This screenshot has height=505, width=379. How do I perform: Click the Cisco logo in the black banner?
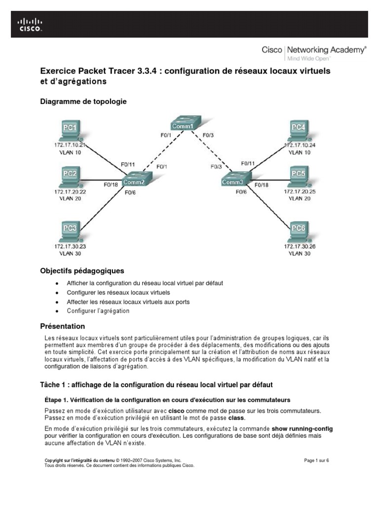click(x=31, y=24)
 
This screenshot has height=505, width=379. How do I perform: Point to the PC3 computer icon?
click(x=70, y=231)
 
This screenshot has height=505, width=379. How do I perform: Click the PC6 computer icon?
click(x=299, y=231)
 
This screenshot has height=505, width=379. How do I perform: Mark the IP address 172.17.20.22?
click(x=70, y=191)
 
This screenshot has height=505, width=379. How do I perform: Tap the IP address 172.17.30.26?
click(x=299, y=246)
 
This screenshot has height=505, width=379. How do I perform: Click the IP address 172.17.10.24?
click(x=299, y=145)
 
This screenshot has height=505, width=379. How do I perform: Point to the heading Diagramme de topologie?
click(x=83, y=102)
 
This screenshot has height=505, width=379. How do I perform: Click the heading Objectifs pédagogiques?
click(x=82, y=271)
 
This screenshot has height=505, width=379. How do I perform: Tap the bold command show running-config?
click(x=303, y=429)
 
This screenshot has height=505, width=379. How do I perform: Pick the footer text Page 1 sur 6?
click(x=316, y=461)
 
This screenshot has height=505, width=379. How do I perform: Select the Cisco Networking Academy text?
click(x=314, y=50)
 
